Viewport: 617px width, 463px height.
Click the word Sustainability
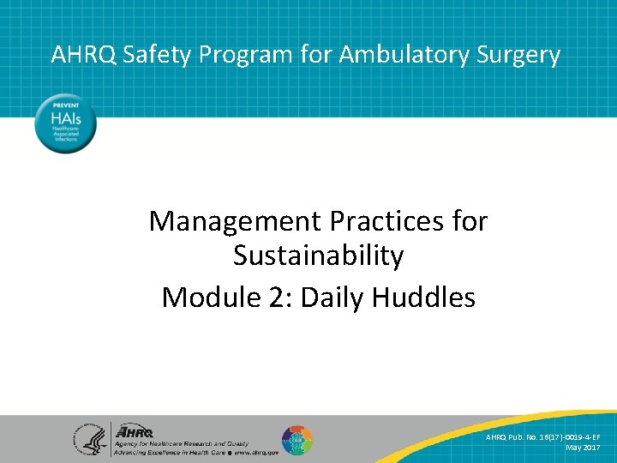[x=318, y=256]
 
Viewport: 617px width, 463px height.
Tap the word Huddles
[x=426, y=297]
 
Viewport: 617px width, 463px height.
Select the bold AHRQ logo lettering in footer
[x=136, y=431]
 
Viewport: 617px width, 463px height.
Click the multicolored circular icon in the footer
[x=297, y=440]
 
